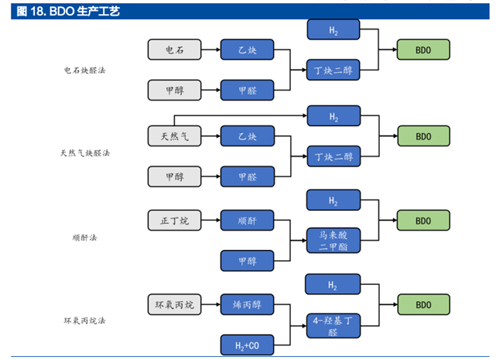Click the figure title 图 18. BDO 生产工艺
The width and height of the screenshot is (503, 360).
(69, 12)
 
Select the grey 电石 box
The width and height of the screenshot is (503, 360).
(175, 50)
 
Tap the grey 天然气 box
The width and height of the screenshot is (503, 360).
(175, 136)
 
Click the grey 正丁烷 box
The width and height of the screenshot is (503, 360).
(175, 221)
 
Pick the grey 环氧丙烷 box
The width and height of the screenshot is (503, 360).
(175, 305)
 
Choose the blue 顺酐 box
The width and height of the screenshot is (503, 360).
(248, 221)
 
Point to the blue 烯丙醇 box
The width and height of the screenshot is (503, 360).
(248, 305)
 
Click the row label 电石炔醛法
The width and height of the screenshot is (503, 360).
(84, 70)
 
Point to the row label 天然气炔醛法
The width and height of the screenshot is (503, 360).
(84, 153)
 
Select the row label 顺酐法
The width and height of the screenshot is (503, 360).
(84, 238)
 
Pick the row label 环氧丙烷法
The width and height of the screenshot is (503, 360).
(84, 321)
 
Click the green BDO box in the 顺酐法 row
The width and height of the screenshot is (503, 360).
(423, 221)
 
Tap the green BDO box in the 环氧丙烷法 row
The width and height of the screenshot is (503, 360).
(423, 305)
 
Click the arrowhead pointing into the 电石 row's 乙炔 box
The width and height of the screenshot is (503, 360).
(217, 50)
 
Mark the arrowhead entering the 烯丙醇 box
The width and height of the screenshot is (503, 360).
(217, 305)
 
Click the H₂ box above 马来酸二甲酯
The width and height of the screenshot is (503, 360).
(333, 201)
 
